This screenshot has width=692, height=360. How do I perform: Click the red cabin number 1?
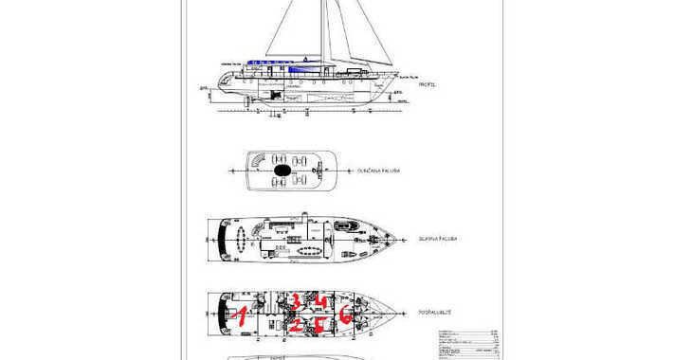pos(241,316)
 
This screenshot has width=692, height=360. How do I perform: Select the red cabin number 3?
pos(295,301)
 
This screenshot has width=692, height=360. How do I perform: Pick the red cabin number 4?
pos(321,302)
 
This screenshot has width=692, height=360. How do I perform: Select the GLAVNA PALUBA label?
pos(437,239)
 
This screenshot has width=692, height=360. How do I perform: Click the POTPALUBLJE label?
pos(433,312)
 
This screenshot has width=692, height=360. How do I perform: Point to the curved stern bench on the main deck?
pos(224,237)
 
